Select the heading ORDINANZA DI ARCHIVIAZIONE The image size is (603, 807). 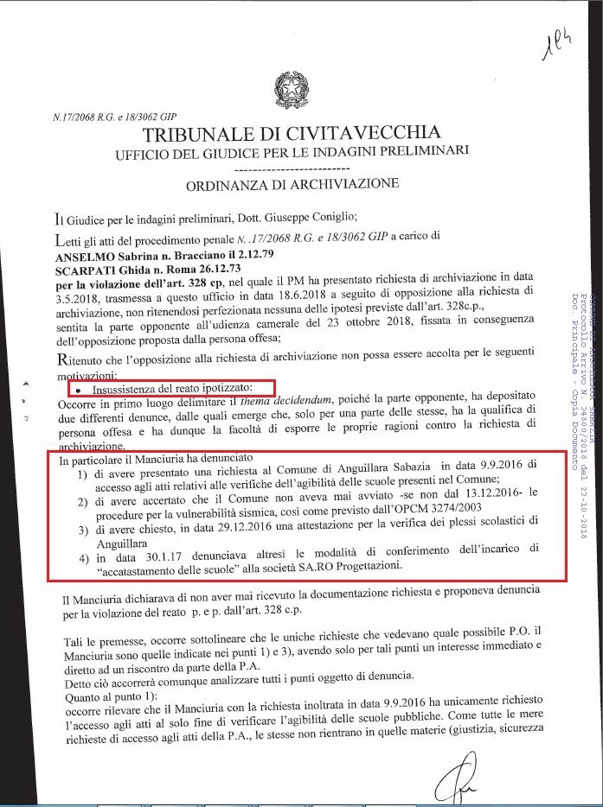pos(292,184)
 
